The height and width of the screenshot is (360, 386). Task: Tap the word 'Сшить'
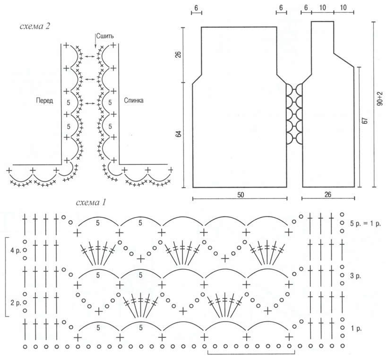104,36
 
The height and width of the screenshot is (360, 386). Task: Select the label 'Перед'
44,101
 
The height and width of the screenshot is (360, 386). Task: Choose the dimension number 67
365,121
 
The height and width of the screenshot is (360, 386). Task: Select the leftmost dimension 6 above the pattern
196,9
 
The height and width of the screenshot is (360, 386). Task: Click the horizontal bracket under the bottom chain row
251,354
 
